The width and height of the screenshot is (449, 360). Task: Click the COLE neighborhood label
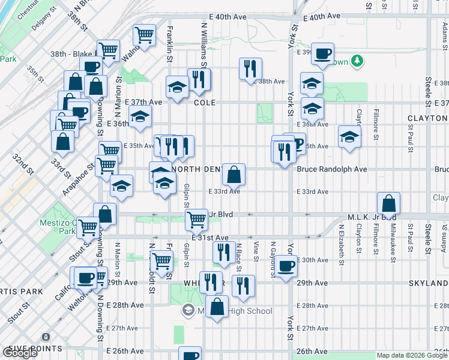[x=204, y=103]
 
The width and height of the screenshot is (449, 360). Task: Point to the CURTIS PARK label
[x=21, y=292]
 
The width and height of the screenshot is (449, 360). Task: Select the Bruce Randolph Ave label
[x=332, y=169]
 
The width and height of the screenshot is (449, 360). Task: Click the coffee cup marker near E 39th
[x=322, y=53]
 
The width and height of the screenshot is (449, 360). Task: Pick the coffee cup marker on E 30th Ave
[x=286, y=265]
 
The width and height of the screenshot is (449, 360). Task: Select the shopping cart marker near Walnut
[x=144, y=35]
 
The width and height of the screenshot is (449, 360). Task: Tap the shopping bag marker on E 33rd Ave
[x=234, y=173]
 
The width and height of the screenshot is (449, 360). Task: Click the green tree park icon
[x=357, y=60]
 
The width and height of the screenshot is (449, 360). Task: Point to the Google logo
[x=20, y=353]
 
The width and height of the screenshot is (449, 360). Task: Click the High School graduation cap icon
[x=188, y=310]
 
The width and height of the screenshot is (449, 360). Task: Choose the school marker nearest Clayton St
[x=349, y=136]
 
